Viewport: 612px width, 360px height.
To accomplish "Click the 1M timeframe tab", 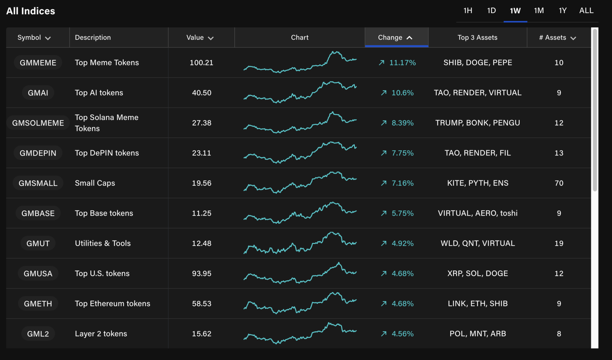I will pyautogui.click(x=538, y=11).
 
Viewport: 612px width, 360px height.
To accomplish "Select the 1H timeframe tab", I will pyautogui.click(x=467, y=11).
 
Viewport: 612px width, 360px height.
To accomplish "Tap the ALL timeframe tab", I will pyautogui.click(x=586, y=11).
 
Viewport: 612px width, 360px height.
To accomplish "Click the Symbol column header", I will pyautogui.click(x=34, y=37).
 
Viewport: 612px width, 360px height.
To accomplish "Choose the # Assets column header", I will pyautogui.click(x=558, y=37).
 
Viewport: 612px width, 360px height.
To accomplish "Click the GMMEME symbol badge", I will pyautogui.click(x=38, y=63).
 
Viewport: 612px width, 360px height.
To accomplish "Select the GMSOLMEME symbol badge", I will pyautogui.click(x=38, y=123).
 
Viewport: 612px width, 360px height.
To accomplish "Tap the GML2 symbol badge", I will pyautogui.click(x=38, y=334).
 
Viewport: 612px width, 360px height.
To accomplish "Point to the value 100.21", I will pyautogui.click(x=201, y=63).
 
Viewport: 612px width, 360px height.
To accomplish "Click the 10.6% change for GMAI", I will pyautogui.click(x=402, y=93).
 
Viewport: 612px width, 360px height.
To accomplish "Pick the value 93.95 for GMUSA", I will pyautogui.click(x=201, y=273).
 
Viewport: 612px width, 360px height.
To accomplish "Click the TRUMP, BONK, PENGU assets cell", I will pyautogui.click(x=477, y=123).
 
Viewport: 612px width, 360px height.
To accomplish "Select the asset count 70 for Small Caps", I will pyautogui.click(x=559, y=183).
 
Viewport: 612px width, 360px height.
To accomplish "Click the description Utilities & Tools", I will pyautogui.click(x=103, y=243).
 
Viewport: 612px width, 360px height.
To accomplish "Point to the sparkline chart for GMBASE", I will pyautogui.click(x=300, y=213).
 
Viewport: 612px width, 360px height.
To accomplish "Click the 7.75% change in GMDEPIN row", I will pyautogui.click(x=402, y=153).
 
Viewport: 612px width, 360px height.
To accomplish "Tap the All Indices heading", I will pyautogui.click(x=31, y=11).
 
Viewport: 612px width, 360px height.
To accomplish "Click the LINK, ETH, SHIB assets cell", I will pyautogui.click(x=477, y=304).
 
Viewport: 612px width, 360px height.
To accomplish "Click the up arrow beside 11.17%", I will pyautogui.click(x=382, y=63).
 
